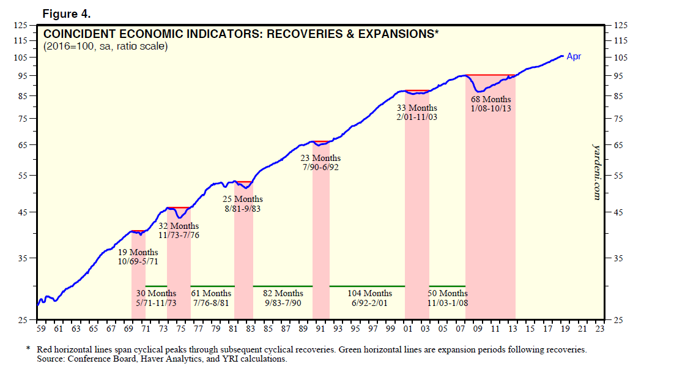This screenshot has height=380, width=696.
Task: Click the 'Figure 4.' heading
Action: tap(66, 13)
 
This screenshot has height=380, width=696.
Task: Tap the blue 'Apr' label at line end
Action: tap(574, 57)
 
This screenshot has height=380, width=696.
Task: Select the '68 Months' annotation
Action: tap(491, 99)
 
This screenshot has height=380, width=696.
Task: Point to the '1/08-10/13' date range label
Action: tap(491, 108)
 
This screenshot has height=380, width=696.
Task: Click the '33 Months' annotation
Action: tap(417, 108)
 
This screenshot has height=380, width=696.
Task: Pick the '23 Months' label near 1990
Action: tap(320, 158)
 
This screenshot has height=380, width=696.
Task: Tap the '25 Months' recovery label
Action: tap(243, 199)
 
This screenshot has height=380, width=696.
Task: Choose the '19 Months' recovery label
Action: tap(138, 252)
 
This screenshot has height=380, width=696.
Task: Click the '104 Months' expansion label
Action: tap(369, 294)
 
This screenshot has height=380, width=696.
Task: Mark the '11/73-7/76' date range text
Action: tap(179, 235)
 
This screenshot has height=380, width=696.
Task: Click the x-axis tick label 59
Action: tap(41, 329)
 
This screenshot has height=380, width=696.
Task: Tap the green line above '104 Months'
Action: tap(367, 286)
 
